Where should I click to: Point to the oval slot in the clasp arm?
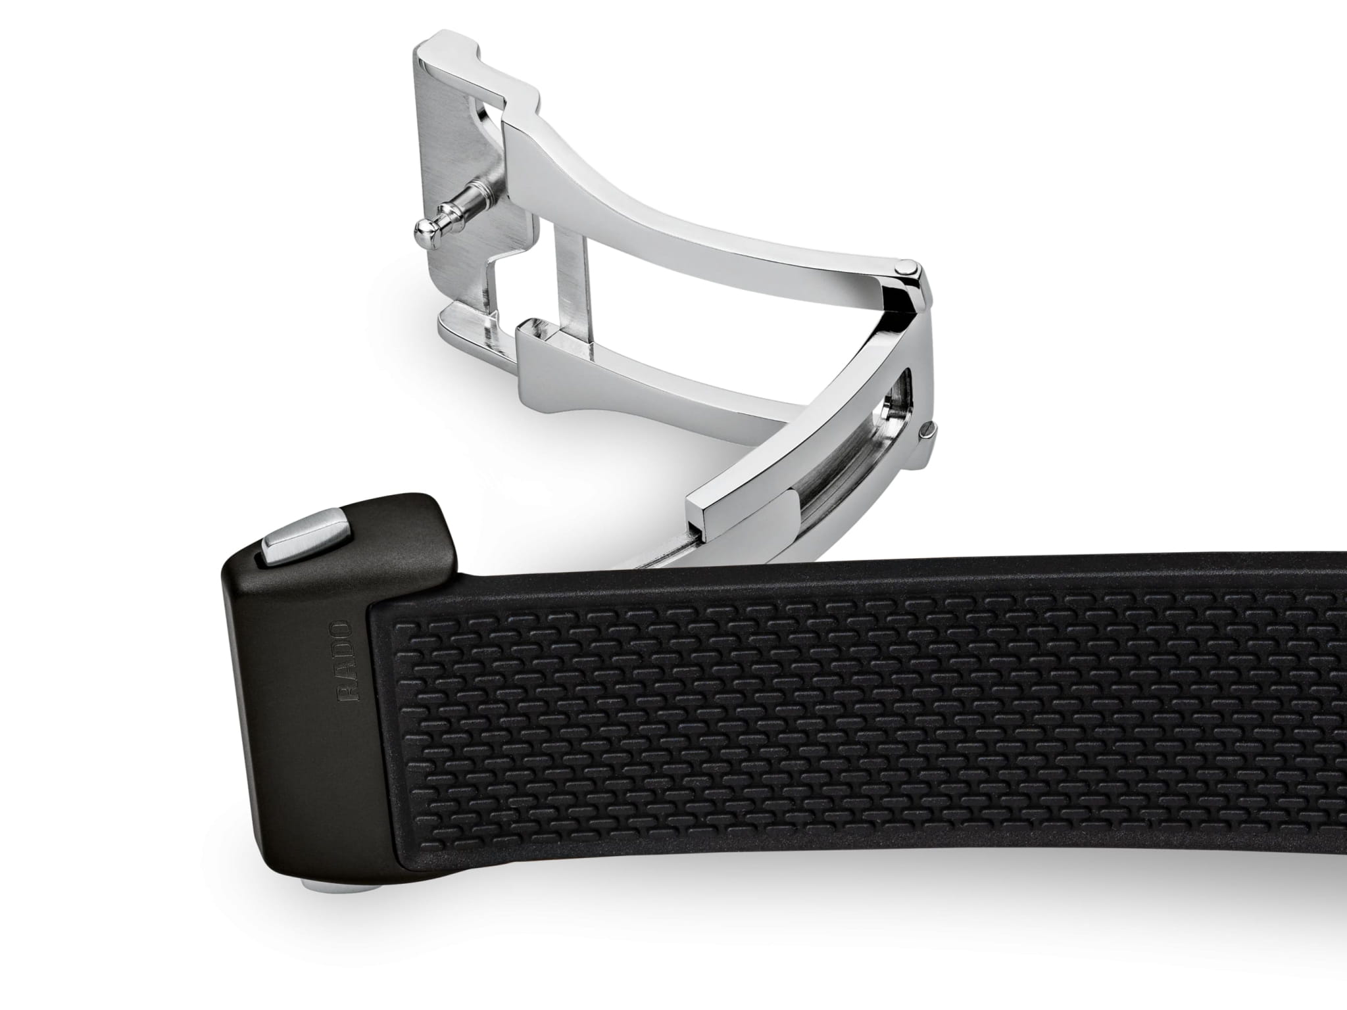point(898,407)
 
